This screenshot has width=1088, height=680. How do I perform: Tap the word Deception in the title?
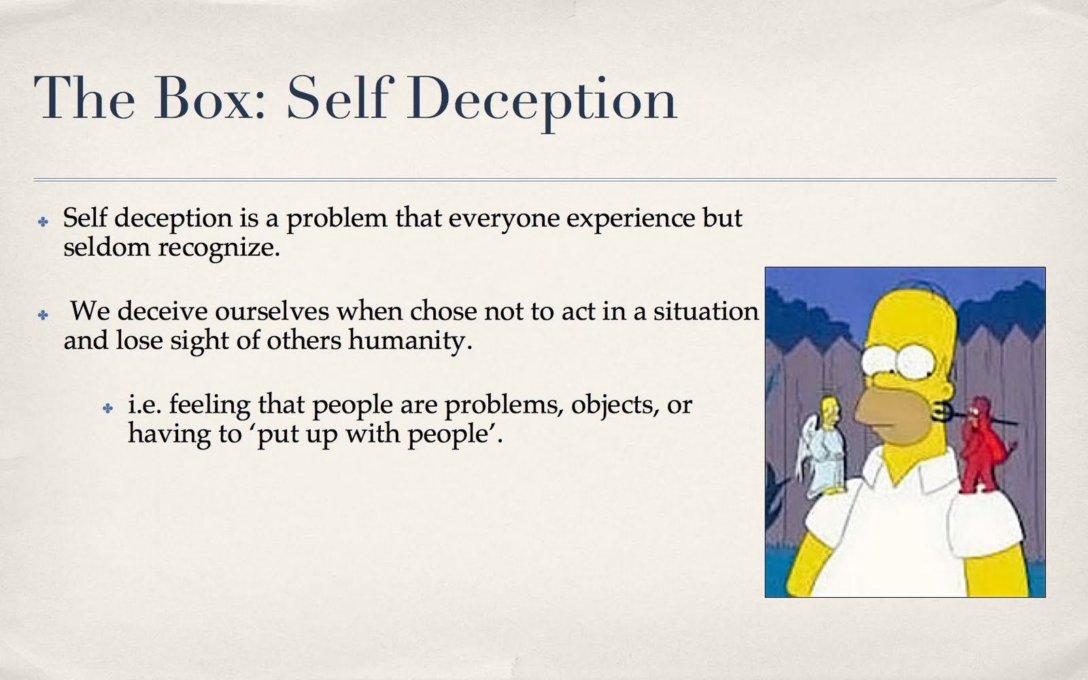542,103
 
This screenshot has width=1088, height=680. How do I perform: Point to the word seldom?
107,248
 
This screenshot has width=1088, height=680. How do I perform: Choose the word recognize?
219,249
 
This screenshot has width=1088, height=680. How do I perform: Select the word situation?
706,311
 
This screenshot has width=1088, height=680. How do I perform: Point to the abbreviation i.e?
144,405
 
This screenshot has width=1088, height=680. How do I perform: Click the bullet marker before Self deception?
44,222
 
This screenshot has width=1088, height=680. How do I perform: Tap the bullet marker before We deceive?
44,316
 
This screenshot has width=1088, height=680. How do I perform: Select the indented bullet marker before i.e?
108,409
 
